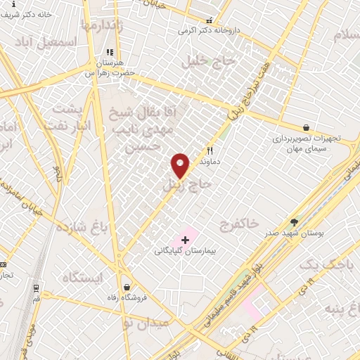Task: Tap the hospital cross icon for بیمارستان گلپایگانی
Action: click(x=185, y=240)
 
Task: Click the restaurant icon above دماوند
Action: click(x=210, y=150)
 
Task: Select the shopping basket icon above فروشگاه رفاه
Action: click(x=127, y=287)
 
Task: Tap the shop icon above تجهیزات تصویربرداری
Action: click(x=305, y=127)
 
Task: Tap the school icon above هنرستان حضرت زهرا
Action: click(x=109, y=53)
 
